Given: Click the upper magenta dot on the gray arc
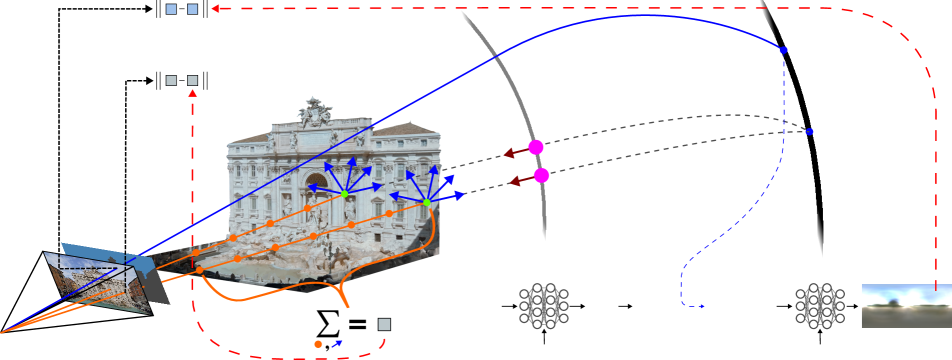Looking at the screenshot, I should coord(536,147).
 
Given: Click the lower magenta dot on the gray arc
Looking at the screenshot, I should coord(541,175).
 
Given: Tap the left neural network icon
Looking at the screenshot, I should coord(544,305).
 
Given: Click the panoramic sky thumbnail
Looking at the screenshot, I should coord(905,305).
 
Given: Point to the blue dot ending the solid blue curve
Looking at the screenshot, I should coord(783,50).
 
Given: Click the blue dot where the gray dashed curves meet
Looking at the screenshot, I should coord(809,132).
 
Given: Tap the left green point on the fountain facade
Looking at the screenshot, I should coord(345,193).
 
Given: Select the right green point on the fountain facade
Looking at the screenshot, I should coord(426,203).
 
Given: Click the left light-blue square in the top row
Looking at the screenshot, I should coord(171,9).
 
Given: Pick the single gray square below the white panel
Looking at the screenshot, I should coord(384,325).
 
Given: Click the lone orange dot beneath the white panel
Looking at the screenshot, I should coord(318,344).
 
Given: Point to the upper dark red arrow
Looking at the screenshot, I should coord(510,153).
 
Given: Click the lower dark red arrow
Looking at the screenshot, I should coord(516,181).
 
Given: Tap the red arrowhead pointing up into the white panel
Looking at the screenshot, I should coord(192,94).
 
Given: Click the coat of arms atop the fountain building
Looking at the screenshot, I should coord(316,110).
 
